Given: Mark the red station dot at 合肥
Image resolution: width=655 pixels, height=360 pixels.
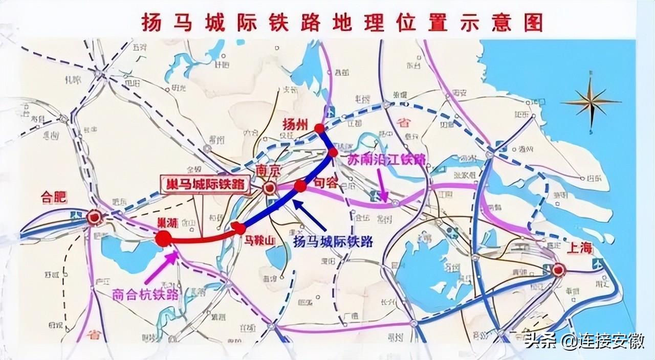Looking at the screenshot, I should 94,218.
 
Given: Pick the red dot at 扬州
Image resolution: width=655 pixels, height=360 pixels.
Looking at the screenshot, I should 319,128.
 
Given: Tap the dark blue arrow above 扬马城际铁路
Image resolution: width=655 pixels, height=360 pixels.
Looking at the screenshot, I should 310,215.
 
